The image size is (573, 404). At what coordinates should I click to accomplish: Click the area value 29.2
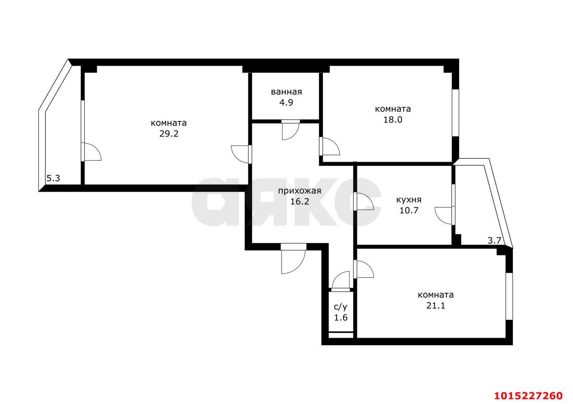[169, 133]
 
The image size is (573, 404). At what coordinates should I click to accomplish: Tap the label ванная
[286, 92]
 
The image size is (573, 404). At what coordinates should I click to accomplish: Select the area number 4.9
[286, 102]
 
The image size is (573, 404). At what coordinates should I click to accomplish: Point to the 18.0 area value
[393, 120]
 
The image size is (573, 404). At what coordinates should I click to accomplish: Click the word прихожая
[299, 191]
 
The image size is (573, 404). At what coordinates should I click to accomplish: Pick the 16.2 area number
[299, 202]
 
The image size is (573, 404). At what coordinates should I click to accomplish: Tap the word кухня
[409, 200]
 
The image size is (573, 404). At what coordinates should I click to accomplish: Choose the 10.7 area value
[409, 210]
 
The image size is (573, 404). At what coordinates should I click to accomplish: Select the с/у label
[341, 307]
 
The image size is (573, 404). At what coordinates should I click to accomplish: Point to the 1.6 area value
[341, 318]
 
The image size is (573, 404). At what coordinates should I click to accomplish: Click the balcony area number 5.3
[53, 178]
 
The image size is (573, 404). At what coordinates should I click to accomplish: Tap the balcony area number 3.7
[494, 240]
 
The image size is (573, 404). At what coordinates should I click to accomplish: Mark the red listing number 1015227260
[528, 395]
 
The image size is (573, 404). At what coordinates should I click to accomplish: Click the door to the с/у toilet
[341, 281]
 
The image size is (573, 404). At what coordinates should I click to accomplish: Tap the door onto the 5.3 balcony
[91, 152]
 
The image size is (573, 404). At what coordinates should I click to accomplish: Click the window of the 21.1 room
[509, 296]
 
